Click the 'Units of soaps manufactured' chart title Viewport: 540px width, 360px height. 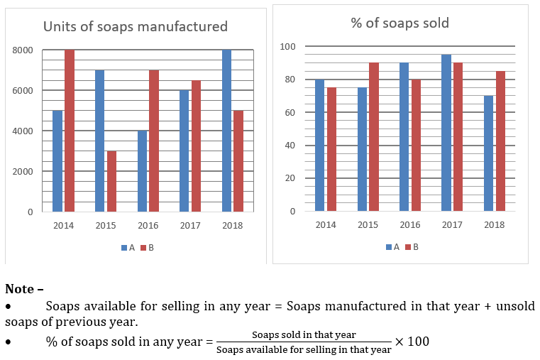click(135, 27)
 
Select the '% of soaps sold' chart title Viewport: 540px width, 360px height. click(400, 23)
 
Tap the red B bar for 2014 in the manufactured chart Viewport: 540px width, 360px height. click(70, 131)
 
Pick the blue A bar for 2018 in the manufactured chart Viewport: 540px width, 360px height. click(227, 131)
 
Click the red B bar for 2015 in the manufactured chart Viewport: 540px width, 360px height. click(111, 181)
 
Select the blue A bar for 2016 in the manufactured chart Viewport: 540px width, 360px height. click(143, 171)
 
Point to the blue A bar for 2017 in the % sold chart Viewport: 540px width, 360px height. click(446, 133)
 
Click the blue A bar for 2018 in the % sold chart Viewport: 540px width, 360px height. click(488, 153)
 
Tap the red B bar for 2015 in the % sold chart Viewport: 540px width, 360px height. click(373, 137)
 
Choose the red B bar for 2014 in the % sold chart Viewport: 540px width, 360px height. click(331, 149)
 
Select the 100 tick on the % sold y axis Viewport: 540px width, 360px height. click(287, 47)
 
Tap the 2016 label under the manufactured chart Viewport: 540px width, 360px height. click(148, 226)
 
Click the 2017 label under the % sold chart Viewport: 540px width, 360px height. click(451, 225)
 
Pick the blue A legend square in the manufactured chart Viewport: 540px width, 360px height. click(123, 248)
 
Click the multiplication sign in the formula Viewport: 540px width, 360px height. click(399, 342)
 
